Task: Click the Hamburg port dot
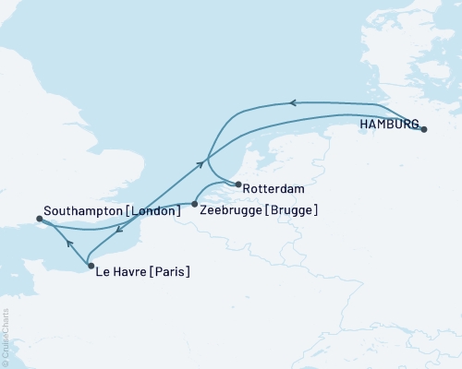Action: pos(423,130)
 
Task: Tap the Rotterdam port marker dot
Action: pos(237,184)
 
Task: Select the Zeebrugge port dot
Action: pos(194,204)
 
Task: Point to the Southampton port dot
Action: pos(39,219)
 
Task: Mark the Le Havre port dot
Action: pos(90,266)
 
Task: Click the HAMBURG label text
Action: pos(388,125)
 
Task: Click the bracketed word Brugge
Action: pos(292,211)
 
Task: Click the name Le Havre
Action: pos(118,272)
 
